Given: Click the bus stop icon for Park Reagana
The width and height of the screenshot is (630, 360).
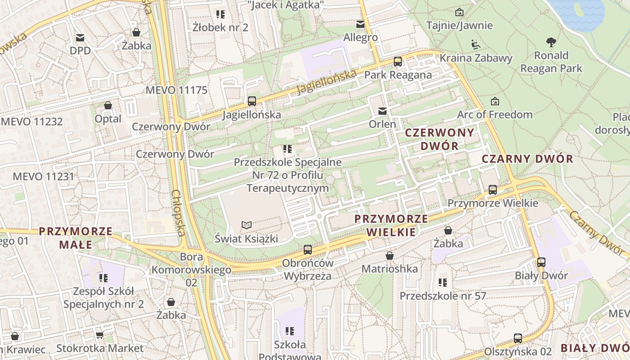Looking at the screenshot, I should pos(398,62).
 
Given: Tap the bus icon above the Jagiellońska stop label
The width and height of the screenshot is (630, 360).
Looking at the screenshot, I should pos(252,101).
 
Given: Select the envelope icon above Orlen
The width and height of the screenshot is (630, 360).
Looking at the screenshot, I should pos(382,111).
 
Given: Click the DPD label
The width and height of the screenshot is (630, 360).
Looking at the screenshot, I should pos(80,50).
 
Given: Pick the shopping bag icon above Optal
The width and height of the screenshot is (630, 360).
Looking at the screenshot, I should pos(108,106).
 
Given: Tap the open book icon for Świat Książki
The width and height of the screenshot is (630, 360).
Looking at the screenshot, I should pos(246,225).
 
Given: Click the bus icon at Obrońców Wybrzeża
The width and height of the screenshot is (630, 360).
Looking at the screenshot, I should pos(308,249).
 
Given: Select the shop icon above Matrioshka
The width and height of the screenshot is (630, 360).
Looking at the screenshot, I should pos(390,256).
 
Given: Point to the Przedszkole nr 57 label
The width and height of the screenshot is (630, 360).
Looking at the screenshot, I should pos(443,296).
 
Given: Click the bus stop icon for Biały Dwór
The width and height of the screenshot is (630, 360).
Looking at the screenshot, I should pos(541,262).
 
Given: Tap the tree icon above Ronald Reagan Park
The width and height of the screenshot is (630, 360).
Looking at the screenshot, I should pos(551,42).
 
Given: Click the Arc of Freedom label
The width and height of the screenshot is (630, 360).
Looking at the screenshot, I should pos(495,114).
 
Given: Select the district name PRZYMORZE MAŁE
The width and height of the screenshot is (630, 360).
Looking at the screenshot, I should pos(75,238).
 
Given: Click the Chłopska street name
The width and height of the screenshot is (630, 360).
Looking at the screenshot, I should pos(178,212).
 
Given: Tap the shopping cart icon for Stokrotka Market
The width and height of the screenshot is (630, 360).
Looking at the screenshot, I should pos(100,335).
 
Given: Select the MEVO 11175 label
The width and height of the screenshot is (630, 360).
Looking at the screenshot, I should pos(176,90).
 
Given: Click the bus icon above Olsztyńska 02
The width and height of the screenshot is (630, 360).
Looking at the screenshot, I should pos(518,338).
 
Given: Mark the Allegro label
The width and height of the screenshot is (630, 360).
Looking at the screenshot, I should pos(360,37).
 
